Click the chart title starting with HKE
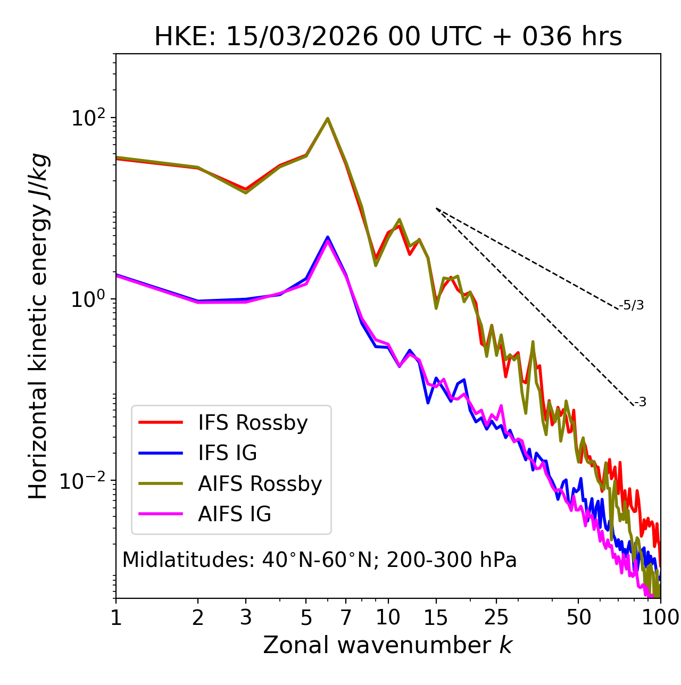[388, 37]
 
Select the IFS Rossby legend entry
[253, 423]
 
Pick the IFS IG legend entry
[227, 453]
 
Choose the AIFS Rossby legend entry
[260, 484]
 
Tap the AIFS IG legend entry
[235, 514]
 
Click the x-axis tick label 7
[346, 617]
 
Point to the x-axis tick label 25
[496, 617]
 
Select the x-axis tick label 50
[578, 617]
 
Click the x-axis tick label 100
[660, 617]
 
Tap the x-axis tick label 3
[246, 617]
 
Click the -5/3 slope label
[632, 306]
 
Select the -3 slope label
[640, 403]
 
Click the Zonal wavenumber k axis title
[388, 645]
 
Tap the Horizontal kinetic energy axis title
[38, 326]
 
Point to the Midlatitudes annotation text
[319, 560]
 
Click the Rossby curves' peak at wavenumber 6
[328, 119]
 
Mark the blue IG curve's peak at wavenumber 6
[328, 237]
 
